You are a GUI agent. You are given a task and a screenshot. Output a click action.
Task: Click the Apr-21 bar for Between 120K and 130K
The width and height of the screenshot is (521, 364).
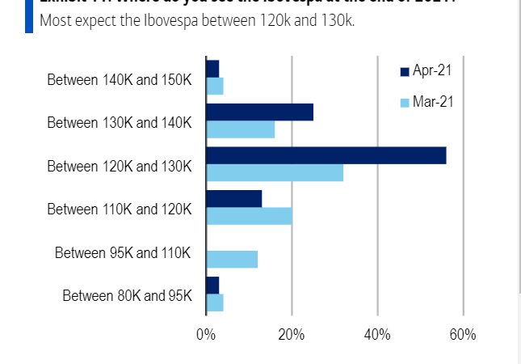click(326, 155)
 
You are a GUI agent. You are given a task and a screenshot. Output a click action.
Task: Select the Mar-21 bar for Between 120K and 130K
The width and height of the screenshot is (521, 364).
click(275, 172)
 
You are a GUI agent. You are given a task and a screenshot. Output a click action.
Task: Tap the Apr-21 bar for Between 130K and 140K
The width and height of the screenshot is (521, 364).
click(259, 112)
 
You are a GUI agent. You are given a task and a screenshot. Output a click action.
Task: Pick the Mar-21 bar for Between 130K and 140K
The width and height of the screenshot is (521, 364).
click(241, 129)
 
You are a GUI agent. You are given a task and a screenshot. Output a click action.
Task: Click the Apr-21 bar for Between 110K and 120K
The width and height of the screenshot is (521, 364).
click(234, 198)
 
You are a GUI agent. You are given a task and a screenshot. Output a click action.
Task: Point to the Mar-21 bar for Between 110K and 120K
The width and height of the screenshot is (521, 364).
click(249, 216)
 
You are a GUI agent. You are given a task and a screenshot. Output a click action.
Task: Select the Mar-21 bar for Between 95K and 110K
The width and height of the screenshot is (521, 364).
click(232, 259)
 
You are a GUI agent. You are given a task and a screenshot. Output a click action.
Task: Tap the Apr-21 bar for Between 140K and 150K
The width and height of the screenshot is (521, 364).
click(212, 68)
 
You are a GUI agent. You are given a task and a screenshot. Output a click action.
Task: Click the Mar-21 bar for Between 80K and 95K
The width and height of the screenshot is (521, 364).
click(214, 303)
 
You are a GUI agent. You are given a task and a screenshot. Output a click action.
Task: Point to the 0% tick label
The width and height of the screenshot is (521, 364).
click(206, 335)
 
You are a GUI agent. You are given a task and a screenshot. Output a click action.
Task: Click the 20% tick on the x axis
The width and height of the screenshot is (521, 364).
click(292, 335)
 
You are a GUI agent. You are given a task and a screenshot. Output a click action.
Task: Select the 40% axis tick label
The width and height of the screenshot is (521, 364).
click(377, 335)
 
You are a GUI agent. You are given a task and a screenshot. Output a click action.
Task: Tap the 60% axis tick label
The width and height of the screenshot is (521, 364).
click(463, 335)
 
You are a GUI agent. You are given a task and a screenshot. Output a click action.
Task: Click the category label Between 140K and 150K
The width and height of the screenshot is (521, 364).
click(120, 79)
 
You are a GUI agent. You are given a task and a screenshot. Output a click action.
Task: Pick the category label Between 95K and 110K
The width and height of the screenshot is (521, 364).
click(123, 252)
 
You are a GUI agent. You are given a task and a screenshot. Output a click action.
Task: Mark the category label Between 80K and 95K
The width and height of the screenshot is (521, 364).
click(127, 295)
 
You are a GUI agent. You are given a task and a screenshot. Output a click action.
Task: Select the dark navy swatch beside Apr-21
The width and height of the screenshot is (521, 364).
click(405, 72)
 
